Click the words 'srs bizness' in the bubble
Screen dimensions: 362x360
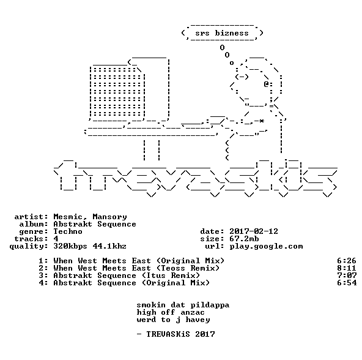click(x=222, y=33)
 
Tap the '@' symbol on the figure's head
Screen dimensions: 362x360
click(x=266, y=84)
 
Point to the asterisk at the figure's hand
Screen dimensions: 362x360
click(x=261, y=121)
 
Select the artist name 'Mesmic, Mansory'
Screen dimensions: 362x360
click(x=90, y=217)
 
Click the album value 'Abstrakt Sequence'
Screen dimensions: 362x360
click(x=95, y=224)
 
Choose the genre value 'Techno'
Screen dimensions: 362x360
click(x=68, y=231)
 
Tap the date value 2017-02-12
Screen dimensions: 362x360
click(x=254, y=231)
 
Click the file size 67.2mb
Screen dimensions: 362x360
click(x=244, y=239)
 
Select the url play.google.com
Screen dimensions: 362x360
click(x=266, y=247)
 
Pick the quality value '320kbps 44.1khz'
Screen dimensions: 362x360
click(x=90, y=247)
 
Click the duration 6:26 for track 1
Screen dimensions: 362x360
click(x=347, y=261)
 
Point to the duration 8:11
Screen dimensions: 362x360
click(x=347, y=268)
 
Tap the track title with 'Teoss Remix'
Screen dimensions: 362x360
click(x=136, y=268)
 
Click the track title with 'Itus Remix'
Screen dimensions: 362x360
click(x=127, y=276)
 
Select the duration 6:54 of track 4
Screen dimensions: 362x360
click(x=347, y=283)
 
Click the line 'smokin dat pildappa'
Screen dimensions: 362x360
click(x=183, y=305)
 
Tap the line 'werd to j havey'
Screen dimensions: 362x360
click(x=173, y=320)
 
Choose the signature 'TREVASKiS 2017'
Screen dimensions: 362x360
click(x=180, y=334)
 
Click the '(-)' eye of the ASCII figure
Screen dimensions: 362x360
click(x=242, y=77)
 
